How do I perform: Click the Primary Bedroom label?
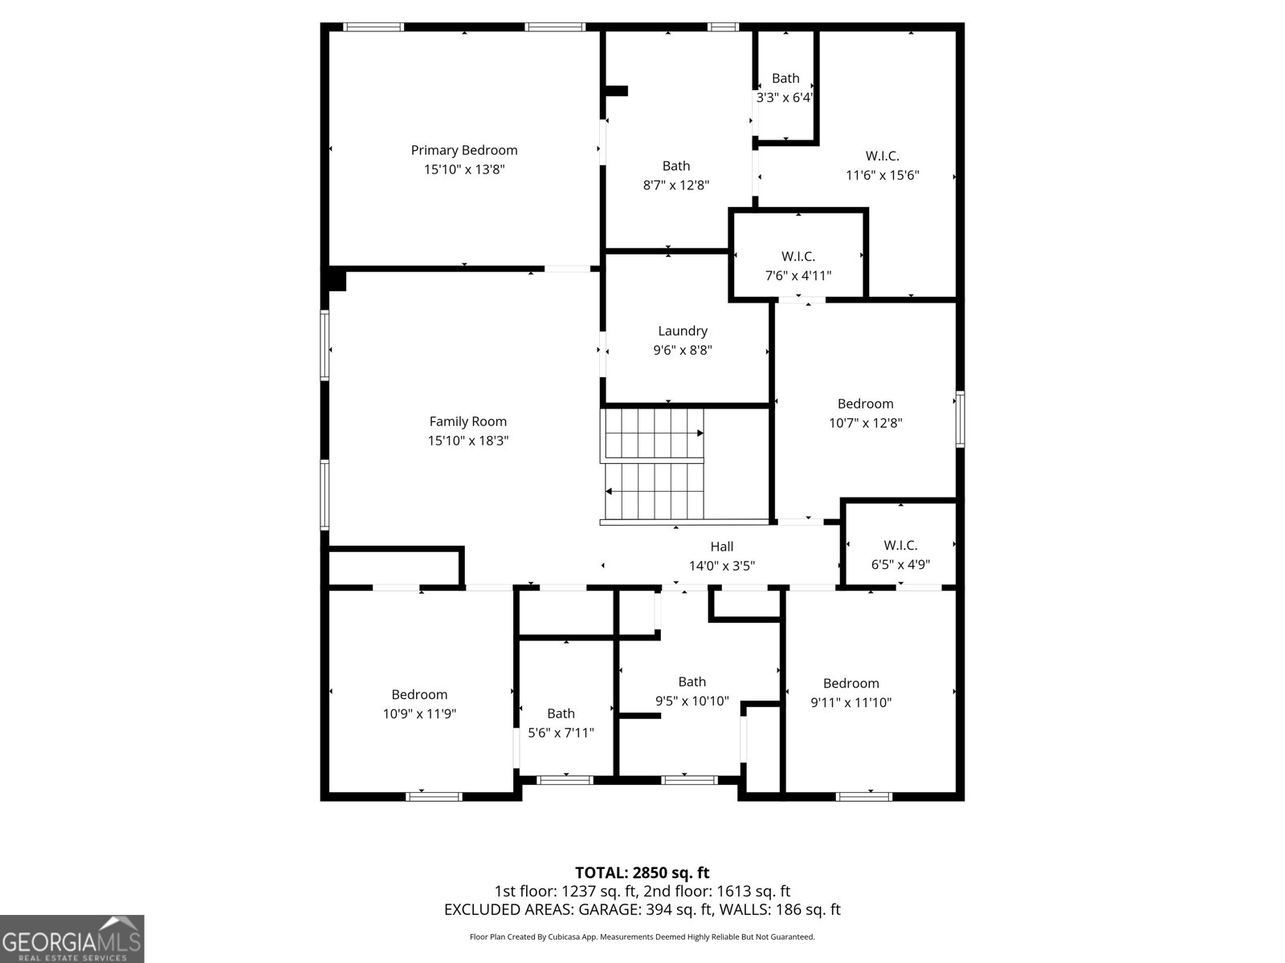(464, 150)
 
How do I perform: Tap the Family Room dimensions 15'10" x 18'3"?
(467, 441)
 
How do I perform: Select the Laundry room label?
(683, 331)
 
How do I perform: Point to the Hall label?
(722, 547)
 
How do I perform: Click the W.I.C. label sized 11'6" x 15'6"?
(882, 156)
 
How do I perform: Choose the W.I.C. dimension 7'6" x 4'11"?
(798, 275)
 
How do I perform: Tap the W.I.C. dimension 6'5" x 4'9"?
(900, 564)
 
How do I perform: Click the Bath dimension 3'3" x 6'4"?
(785, 97)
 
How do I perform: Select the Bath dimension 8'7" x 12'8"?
(676, 185)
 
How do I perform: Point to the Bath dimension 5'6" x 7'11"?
(561, 732)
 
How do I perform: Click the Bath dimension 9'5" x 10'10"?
(692, 701)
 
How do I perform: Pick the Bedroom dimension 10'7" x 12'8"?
(865, 422)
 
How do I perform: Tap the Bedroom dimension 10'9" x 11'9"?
(419, 713)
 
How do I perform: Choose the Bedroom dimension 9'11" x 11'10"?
(851, 701)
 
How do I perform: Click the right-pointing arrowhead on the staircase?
(700, 433)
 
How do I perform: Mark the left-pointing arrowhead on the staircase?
(609, 491)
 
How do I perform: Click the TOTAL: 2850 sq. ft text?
(642, 872)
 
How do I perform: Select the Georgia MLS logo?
(71, 939)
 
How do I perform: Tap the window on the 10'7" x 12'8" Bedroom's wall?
(960, 419)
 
